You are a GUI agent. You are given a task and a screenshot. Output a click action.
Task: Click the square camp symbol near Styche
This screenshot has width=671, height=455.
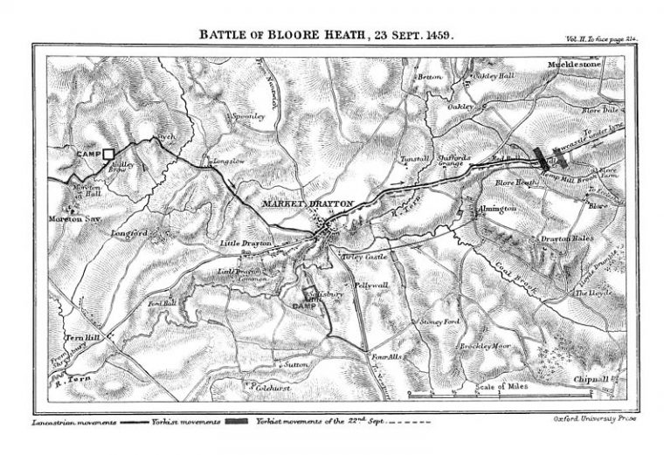[108, 154]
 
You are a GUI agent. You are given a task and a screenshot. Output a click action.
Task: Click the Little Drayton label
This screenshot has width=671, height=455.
[242, 243]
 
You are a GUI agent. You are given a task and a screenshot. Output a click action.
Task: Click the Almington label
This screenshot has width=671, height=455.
[499, 210]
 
